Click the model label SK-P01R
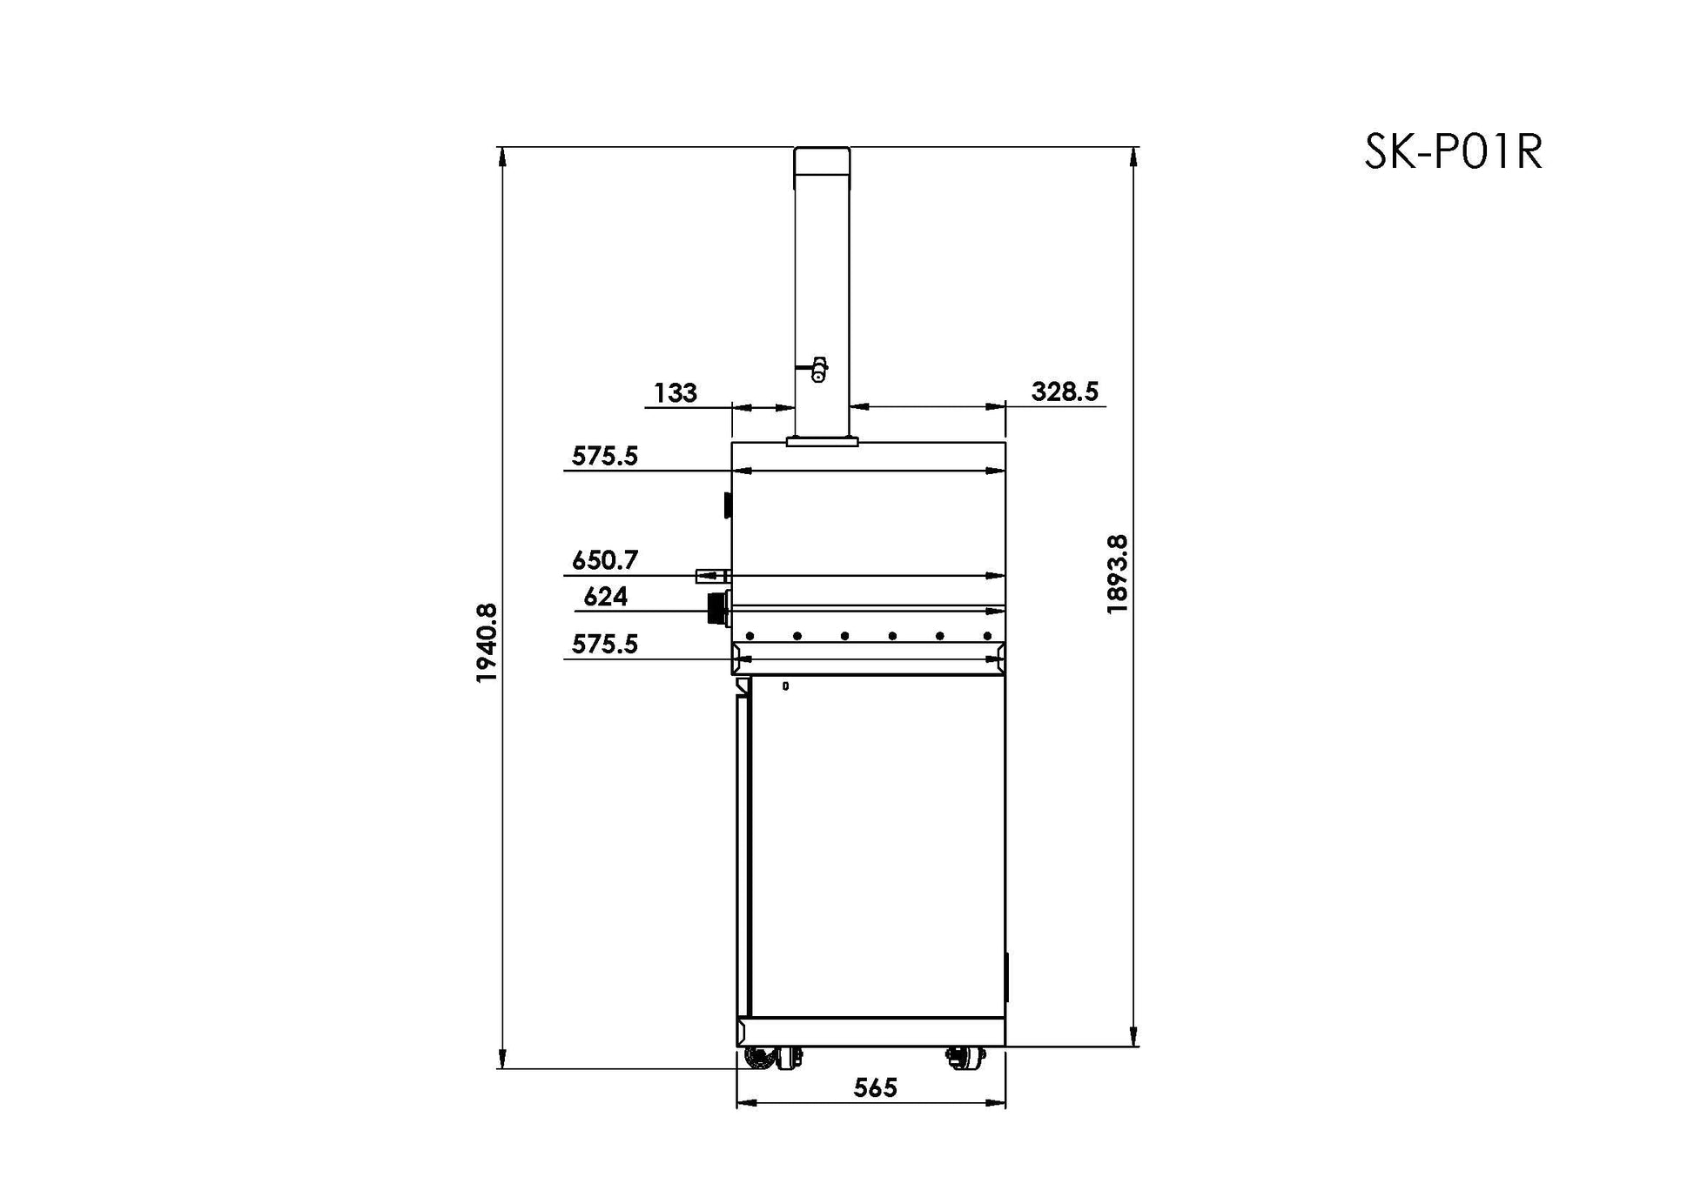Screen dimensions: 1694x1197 tap(1453, 151)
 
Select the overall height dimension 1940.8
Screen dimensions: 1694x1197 tap(487, 643)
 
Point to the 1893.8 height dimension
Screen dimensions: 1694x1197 tap(1117, 575)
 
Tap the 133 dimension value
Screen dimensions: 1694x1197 tap(676, 393)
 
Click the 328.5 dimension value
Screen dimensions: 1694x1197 tap(1065, 391)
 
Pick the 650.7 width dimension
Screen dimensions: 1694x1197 tap(605, 560)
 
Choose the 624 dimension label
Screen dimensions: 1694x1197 tap(605, 597)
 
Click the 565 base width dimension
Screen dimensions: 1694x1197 tap(875, 1087)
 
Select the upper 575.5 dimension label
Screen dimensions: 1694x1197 tap(605, 456)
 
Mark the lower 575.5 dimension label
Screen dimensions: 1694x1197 tap(605, 644)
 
